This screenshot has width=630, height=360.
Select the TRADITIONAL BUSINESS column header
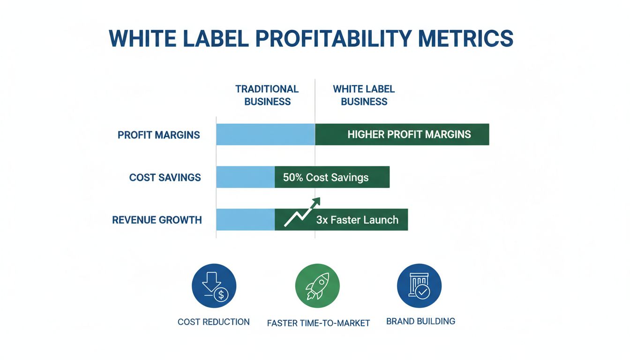pos(267,95)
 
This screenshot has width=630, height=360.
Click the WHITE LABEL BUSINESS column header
pos(364,95)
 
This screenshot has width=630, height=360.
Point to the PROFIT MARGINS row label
pos(158,135)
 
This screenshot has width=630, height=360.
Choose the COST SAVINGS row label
pos(165,178)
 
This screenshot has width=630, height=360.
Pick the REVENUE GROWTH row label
pos(157,220)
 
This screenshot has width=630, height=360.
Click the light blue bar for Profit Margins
pos(265,135)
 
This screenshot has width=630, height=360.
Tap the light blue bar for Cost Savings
pos(245,177)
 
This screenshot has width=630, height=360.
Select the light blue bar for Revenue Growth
pos(245,220)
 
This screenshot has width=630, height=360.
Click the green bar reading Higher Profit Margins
pos(409,135)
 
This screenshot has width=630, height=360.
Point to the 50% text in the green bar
pos(293,178)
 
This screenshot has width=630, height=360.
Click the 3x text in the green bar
pos(322,220)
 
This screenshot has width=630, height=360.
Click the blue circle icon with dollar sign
pos(214,285)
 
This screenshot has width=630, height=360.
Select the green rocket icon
pos(317,285)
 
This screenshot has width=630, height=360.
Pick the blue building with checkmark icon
pos(419,285)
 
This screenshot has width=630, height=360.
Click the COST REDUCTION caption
pos(213,322)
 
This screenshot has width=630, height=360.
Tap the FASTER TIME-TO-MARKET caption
pos(318,323)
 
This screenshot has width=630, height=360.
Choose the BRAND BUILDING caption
pos(420,321)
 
